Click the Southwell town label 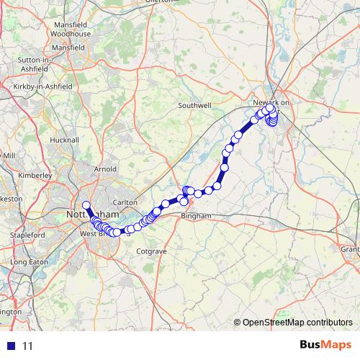195,105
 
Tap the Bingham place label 197,215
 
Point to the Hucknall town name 64,140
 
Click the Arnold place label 105,169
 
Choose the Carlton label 125,202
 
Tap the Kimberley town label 35,175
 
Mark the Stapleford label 28,235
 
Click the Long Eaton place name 29,262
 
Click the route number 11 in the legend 27,346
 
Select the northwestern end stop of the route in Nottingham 86,204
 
